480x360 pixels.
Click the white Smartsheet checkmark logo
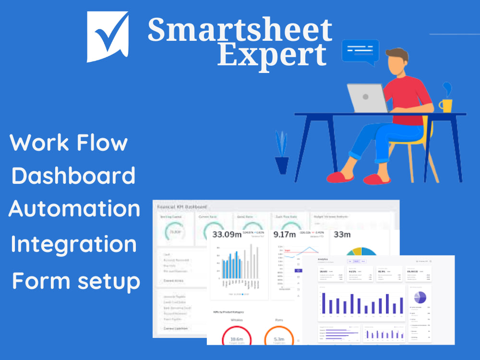pyautogui.click(x=108, y=36)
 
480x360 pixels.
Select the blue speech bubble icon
pyautogui.click(x=360, y=52)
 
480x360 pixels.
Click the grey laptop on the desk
pyautogui.click(x=367, y=98)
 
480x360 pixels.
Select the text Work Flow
pyautogui.click(x=69, y=143)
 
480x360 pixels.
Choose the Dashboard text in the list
pyautogui.click(x=73, y=176)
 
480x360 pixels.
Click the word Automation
pyautogui.click(x=74, y=209)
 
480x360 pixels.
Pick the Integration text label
pyautogui.click(x=73, y=244)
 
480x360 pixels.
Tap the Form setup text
pyautogui.click(x=76, y=280)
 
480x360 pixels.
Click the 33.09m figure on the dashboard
pyautogui.click(x=227, y=235)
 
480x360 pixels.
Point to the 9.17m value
pyautogui.click(x=284, y=235)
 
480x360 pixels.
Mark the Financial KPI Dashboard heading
pyautogui.click(x=182, y=206)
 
